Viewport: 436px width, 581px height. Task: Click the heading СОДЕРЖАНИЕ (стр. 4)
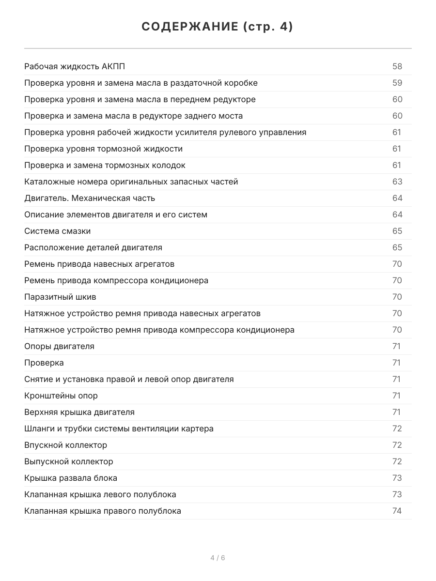(218, 27)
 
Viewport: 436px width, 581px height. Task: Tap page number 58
(397, 66)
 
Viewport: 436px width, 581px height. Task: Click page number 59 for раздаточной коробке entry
(397, 83)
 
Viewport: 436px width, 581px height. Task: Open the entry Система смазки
(57, 231)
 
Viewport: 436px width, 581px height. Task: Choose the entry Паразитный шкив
(57, 297)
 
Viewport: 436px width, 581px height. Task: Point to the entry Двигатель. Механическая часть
(90, 198)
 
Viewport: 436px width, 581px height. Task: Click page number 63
(397, 182)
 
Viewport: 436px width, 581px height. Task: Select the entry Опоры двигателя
(59, 346)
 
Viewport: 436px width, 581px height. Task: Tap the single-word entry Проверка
(44, 363)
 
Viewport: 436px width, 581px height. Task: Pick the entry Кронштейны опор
(61, 396)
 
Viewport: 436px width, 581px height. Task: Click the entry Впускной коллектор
(65, 445)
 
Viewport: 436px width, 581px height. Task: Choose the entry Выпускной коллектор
(68, 461)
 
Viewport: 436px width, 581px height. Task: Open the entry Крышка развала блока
(71, 478)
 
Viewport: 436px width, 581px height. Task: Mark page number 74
(397, 511)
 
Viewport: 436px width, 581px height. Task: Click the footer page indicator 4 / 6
(218, 558)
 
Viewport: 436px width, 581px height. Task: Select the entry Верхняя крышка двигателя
(79, 412)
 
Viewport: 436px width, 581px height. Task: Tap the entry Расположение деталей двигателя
(93, 247)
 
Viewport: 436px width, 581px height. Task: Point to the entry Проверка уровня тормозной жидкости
(103, 149)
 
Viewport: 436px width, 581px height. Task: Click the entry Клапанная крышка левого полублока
(100, 494)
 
